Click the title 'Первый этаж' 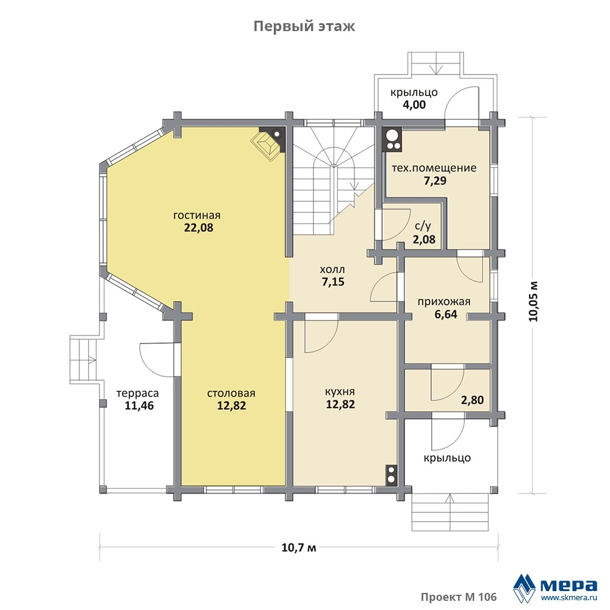304,27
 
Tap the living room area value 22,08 198,228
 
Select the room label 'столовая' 231,393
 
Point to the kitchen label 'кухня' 340,392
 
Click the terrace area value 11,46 139,406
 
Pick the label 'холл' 332,269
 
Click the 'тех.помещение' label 434,168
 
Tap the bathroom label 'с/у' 423,226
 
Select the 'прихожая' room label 444,301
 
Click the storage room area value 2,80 472,400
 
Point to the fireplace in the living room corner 269,143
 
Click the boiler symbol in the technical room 393,139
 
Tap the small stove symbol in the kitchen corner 391,475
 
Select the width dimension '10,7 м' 299,548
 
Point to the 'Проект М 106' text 459,597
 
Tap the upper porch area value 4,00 414,105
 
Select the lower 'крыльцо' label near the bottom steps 447,458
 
